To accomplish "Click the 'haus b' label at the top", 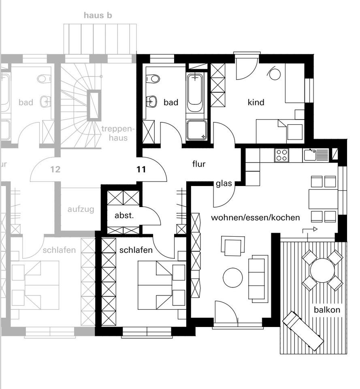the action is (x=98, y=15).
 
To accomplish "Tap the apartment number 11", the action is (x=141, y=169).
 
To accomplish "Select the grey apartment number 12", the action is (x=55, y=169).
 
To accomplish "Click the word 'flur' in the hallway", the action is (x=199, y=164).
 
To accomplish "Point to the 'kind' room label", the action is (x=256, y=103).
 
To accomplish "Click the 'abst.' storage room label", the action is (x=124, y=216).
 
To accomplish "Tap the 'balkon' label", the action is (x=327, y=310).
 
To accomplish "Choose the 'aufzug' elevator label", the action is (x=81, y=209).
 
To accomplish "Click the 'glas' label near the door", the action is (x=224, y=184).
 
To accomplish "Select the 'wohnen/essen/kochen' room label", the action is (x=256, y=218).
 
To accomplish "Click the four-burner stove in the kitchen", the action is (x=281, y=155).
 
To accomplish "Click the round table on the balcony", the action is (x=322, y=270).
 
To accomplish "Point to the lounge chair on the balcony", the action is (x=303, y=331).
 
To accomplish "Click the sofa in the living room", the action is (x=258, y=278).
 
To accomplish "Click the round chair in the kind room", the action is (x=275, y=74).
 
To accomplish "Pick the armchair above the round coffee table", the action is (x=233, y=246).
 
